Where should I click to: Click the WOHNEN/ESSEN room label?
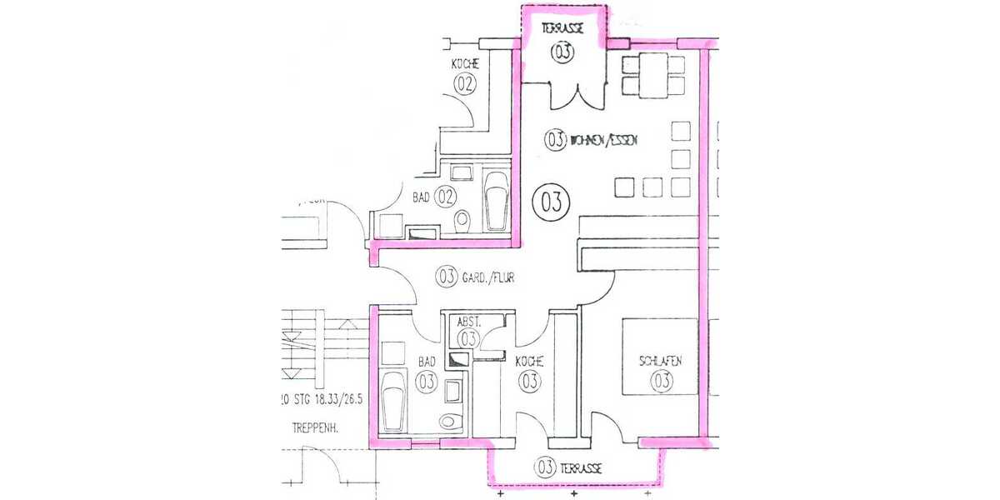tap(604, 141)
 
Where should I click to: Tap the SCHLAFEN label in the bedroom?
tap(661, 361)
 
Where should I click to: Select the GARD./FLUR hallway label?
tap(487, 277)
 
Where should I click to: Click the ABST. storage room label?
tap(467, 322)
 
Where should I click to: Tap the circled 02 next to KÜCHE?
tap(464, 83)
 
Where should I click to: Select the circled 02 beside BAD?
tap(446, 197)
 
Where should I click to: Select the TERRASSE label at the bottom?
tap(582, 467)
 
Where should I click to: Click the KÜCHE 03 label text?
tap(529, 362)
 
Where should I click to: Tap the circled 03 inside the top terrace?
tap(562, 52)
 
